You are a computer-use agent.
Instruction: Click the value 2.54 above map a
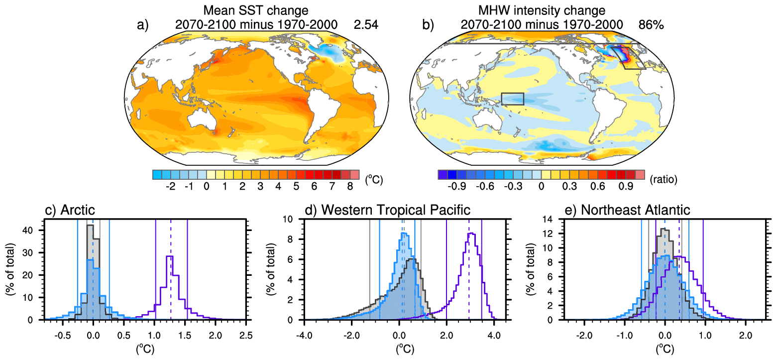point(366,24)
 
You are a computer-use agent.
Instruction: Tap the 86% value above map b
point(652,24)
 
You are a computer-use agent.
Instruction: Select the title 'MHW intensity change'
point(541,9)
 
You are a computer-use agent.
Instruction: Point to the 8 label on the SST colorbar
point(350,186)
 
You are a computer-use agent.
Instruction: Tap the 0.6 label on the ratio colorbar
point(595,186)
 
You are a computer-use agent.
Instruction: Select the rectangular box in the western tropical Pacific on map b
point(513,99)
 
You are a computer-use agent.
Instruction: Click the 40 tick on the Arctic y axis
point(29,231)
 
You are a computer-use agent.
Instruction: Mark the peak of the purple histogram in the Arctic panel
point(170,256)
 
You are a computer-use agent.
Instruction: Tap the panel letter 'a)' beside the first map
point(143,24)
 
